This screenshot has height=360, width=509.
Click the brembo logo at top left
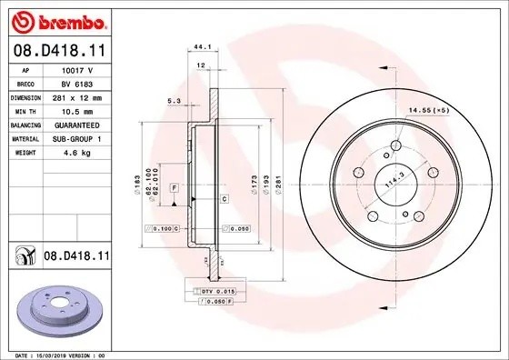point(57,20)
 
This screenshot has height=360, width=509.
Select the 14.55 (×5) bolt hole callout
point(429,110)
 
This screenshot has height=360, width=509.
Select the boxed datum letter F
point(174,186)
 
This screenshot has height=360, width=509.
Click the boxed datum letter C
point(224,197)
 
